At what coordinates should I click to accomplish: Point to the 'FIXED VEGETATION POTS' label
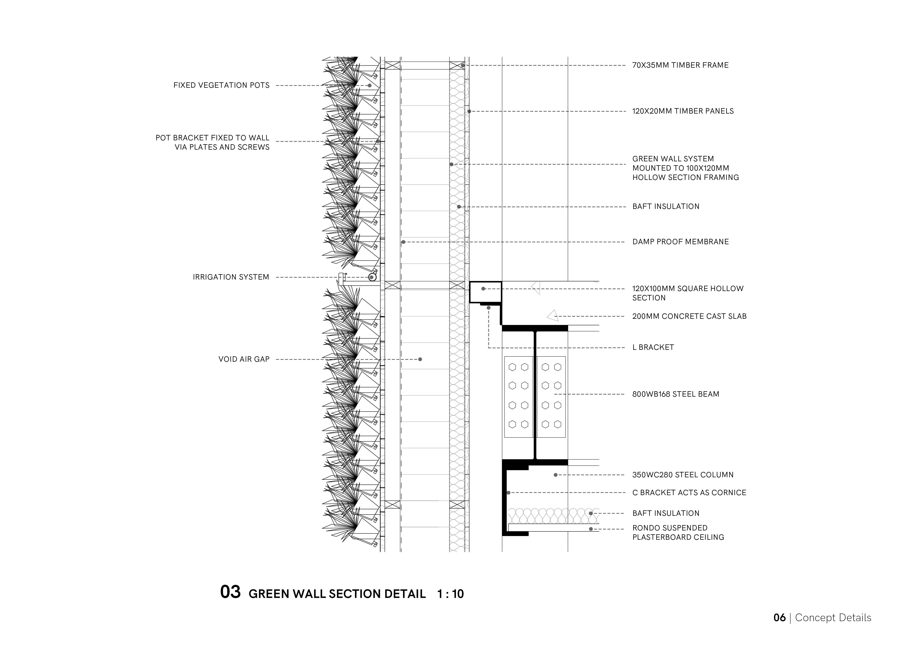pyautogui.click(x=221, y=85)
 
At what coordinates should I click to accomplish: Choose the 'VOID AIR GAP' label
pyautogui.click(x=244, y=359)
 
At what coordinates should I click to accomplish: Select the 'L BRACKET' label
pyautogui.click(x=653, y=347)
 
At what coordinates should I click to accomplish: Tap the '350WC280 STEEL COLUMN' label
pyautogui.click(x=683, y=475)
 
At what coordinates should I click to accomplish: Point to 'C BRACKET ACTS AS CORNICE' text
pyautogui.click(x=689, y=493)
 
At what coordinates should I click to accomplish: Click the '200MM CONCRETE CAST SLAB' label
pyautogui.click(x=689, y=316)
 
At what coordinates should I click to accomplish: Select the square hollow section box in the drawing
pyautogui.click(x=485, y=292)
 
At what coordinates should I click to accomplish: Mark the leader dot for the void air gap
pyautogui.click(x=420, y=359)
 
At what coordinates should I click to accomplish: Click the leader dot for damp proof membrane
pyautogui.click(x=403, y=242)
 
